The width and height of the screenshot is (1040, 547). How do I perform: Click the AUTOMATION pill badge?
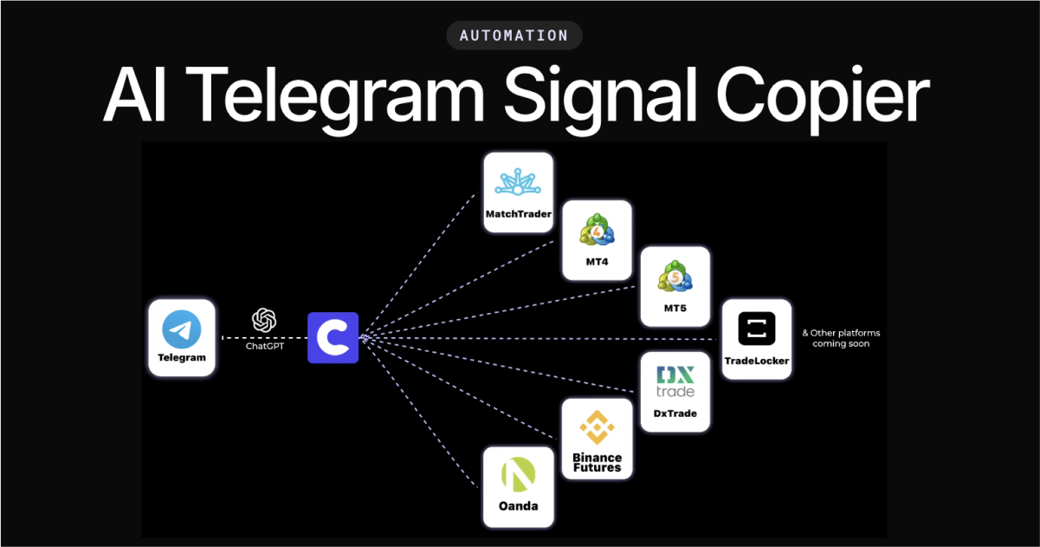tap(514, 36)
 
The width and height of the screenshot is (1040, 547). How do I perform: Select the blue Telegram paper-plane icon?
tap(182, 329)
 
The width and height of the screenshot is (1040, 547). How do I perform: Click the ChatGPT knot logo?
tap(264, 321)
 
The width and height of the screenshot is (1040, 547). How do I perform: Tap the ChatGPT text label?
tap(264, 346)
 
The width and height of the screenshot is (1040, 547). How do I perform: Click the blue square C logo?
tap(333, 337)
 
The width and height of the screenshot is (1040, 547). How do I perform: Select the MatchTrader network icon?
tap(518, 182)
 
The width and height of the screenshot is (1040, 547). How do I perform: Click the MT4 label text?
tap(598, 262)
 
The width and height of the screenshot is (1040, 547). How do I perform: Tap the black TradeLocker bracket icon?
tap(757, 329)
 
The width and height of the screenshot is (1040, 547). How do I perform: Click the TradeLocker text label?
tap(757, 361)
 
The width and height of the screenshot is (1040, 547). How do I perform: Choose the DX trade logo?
tap(675, 381)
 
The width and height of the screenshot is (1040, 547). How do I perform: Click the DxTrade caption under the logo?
tap(675, 414)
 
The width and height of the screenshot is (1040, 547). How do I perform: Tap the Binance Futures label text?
tap(597, 462)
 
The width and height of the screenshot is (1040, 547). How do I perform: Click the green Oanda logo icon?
tap(518, 475)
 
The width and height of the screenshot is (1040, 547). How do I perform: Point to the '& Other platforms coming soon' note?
tap(840, 338)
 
